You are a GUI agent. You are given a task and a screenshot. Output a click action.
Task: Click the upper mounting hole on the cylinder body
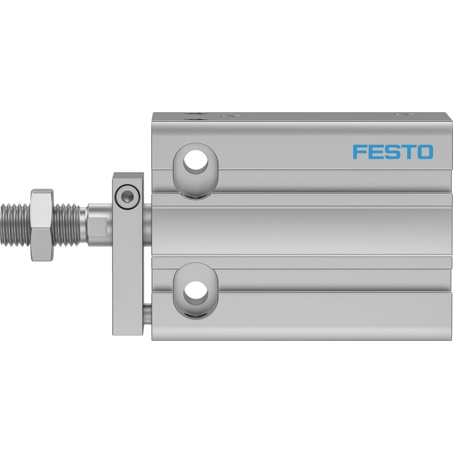coord(195,160)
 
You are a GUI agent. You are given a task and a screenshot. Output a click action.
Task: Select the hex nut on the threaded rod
coord(42,225)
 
